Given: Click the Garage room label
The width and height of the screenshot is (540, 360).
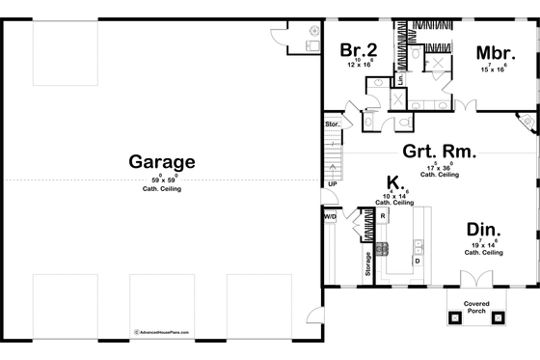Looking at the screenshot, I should [162, 162].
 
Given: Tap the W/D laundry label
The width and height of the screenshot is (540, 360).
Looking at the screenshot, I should [330, 217].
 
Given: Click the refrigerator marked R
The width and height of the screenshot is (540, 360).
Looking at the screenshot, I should [382, 217].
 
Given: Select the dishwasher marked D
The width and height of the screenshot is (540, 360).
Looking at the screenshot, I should [417, 261].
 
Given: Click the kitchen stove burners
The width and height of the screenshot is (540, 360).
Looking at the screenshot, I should [382, 248].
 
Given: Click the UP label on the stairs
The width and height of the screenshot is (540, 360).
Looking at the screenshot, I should [333, 183].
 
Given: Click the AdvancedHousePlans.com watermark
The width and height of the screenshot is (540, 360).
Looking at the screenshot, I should [161, 331].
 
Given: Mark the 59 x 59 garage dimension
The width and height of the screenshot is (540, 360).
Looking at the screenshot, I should [162, 180].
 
